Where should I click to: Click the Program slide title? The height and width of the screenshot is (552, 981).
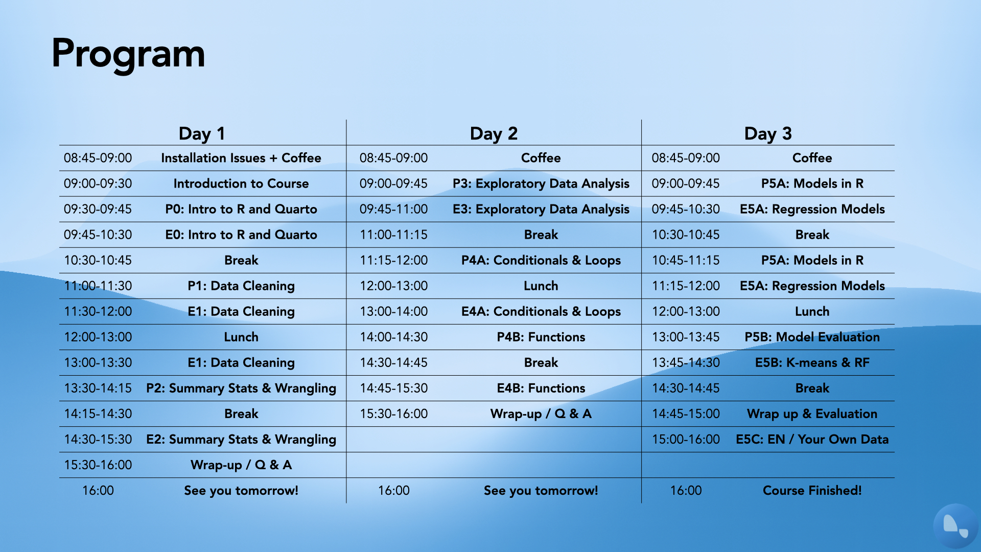pyautogui.click(x=128, y=54)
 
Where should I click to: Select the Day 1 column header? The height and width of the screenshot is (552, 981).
pyautogui.click(x=202, y=133)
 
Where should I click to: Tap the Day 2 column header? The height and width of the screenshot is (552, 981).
pyautogui.click(x=494, y=133)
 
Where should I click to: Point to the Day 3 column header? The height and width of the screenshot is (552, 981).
pyautogui.click(x=768, y=133)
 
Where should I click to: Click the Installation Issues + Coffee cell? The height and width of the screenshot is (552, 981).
pyautogui.click(x=241, y=158)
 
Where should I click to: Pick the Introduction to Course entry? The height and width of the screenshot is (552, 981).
pyautogui.click(x=241, y=183)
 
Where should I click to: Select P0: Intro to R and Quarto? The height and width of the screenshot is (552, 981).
pyautogui.click(x=241, y=209)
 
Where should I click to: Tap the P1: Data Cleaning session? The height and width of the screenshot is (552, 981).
pyautogui.click(x=241, y=286)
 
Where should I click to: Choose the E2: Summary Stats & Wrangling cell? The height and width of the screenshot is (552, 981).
pyautogui.click(x=241, y=439)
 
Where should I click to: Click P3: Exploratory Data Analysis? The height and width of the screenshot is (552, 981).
pyautogui.click(x=541, y=183)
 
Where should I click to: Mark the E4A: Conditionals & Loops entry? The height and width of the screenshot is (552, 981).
pyautogui.click(x=541, y=311)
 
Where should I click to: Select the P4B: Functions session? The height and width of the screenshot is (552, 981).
pyautogui.click(x=541, y=337)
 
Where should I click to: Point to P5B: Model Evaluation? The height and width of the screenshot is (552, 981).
pyautogui.click(x=812, y=337)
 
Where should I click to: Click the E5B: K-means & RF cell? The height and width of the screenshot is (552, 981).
pyautogui.click(x=812, y=362)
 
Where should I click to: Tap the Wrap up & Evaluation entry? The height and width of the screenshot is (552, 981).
pyautogui.click(x=812, y=413)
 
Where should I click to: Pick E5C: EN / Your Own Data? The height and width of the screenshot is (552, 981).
pyautogui.click(x=812, y=439)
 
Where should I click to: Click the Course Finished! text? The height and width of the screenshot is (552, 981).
pyautogui.click(x=812, y=490)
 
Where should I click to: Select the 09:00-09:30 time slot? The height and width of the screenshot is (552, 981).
pyautogui.click(x=98, y=183)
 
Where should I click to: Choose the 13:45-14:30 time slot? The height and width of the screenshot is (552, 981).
pyautogui.click(x=686, y=362)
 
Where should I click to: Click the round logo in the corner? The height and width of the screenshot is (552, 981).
pyautogui.click(x=955, y=526)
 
